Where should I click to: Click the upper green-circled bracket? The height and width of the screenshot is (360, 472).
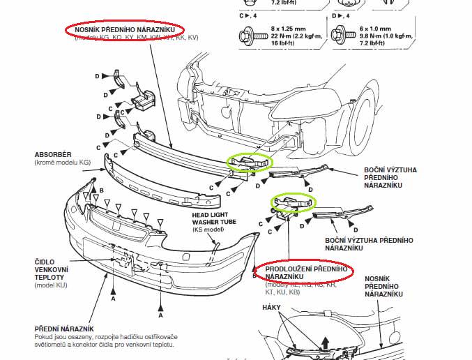(248, 163)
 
